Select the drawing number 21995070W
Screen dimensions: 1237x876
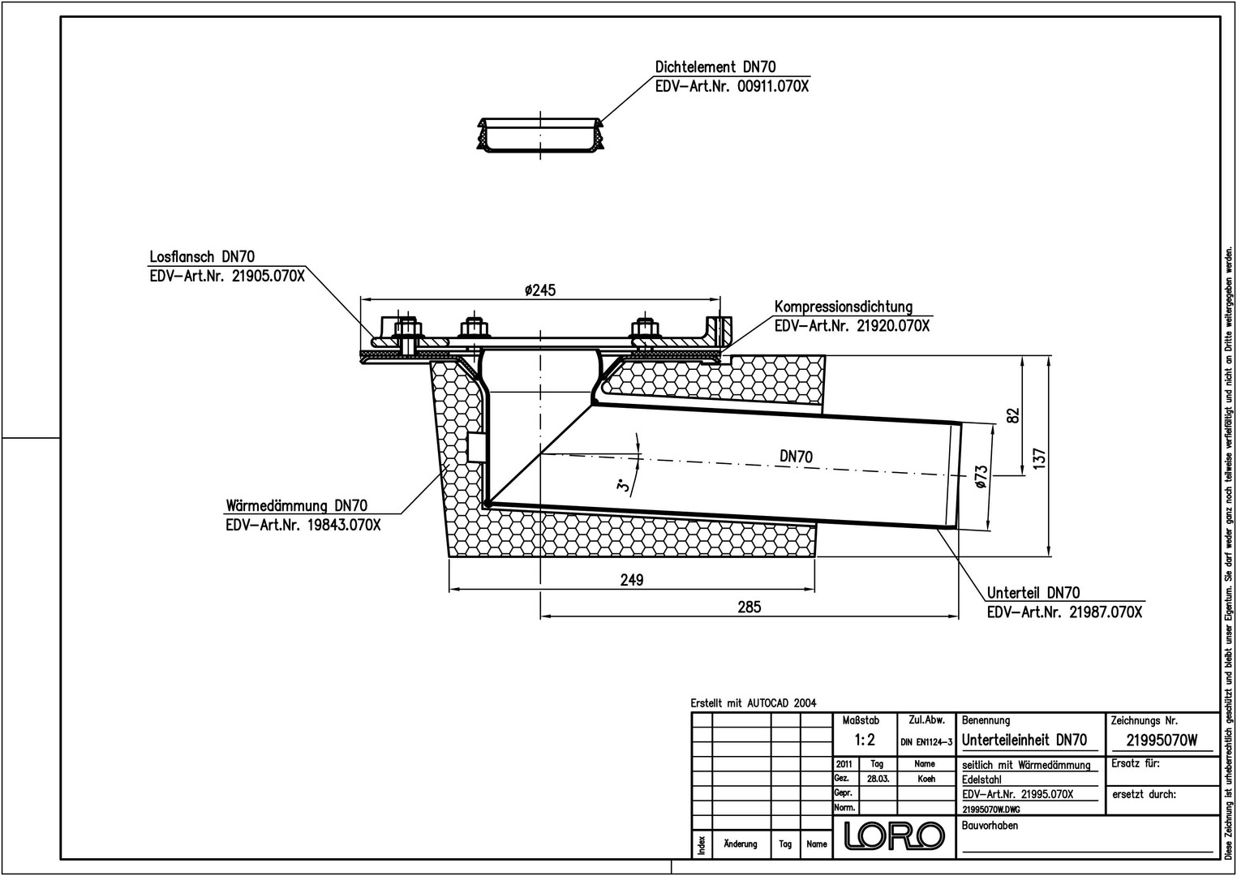click(1162, 741)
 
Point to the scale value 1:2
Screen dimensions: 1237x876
click(865, 740)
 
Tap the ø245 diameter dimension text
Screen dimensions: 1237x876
click(540, 290)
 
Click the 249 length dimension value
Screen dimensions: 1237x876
click(632, 579)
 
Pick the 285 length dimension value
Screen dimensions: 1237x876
click(750, 607)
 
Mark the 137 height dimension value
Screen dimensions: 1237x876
click(1039, 458)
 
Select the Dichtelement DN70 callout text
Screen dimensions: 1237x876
click(715, 67)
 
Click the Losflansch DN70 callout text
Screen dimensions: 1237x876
click(202, 257)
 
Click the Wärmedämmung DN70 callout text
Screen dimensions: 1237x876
click(297, 505)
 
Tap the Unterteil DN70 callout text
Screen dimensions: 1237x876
click(1033, 593)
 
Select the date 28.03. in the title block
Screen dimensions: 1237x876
click(877, 779)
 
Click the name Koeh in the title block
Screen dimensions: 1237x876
click(926, 779)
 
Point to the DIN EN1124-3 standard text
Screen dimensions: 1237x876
click(926, 742)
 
